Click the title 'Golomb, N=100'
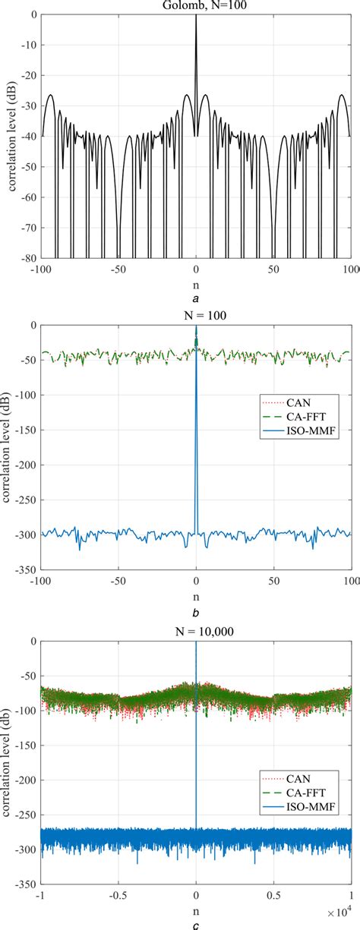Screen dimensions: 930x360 pos(196,5)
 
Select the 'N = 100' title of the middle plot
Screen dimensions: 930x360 pos(196,317)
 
